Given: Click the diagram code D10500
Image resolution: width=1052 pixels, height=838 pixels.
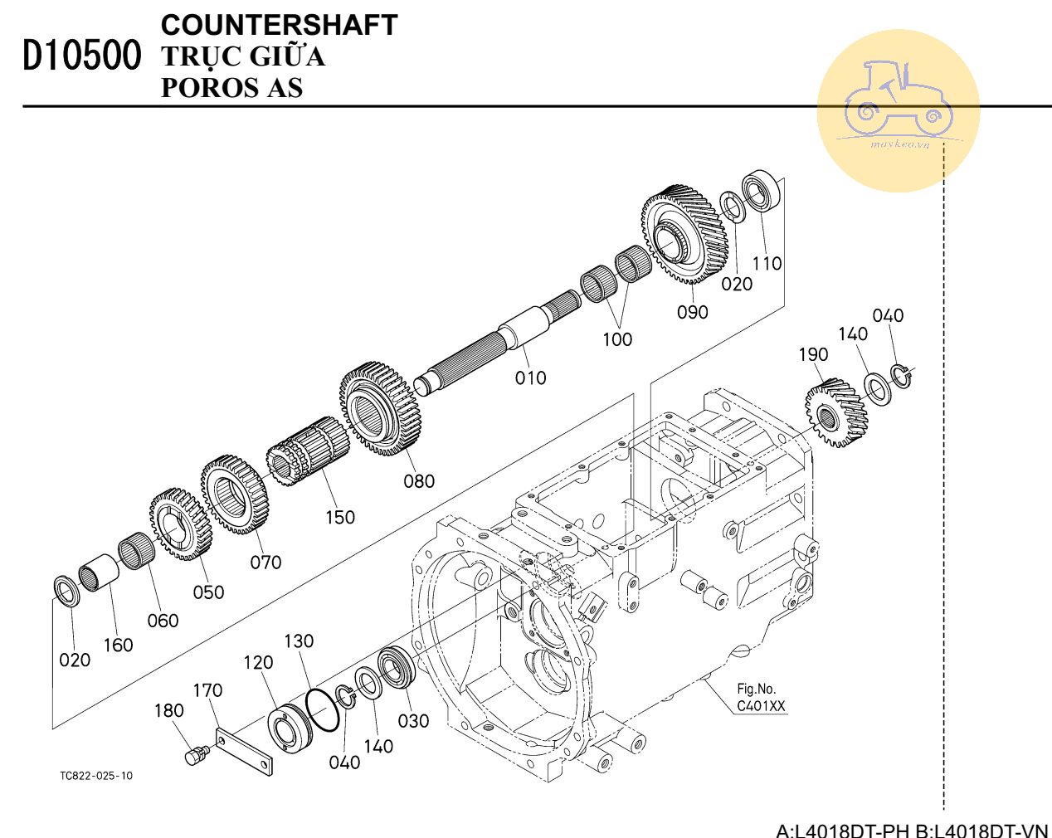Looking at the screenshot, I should (81, 56).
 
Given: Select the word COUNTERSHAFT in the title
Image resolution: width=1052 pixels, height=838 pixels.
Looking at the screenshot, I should (279, 25).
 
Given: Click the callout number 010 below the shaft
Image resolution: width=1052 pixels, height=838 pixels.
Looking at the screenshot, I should (530, 378).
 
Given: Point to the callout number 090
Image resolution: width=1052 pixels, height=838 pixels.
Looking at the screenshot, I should (692, 312).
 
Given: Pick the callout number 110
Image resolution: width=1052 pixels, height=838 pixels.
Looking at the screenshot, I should (767, 264).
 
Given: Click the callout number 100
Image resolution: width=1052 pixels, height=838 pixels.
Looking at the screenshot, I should (616, 339).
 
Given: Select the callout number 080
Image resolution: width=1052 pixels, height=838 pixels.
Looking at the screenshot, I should (419, 481).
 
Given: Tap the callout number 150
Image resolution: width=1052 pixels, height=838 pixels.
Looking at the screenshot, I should (339, 518).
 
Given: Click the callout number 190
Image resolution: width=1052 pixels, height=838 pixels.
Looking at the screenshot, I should (813, 354).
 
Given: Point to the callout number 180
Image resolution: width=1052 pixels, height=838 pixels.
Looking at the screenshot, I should (168, 711).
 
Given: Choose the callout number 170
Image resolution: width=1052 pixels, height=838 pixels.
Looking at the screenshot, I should (207, 690).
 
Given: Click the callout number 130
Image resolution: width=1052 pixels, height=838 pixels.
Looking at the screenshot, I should (299, 641).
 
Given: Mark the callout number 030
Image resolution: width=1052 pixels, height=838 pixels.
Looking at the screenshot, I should (413, 721).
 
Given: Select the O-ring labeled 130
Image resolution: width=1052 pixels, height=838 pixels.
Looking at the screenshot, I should (323, 709).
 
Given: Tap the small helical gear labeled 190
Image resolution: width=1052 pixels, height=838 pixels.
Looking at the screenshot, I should (835, 412).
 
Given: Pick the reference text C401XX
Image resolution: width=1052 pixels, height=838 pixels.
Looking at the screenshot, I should (761, 707).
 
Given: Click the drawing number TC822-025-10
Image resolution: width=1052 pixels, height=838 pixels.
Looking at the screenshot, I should (95, 776).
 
